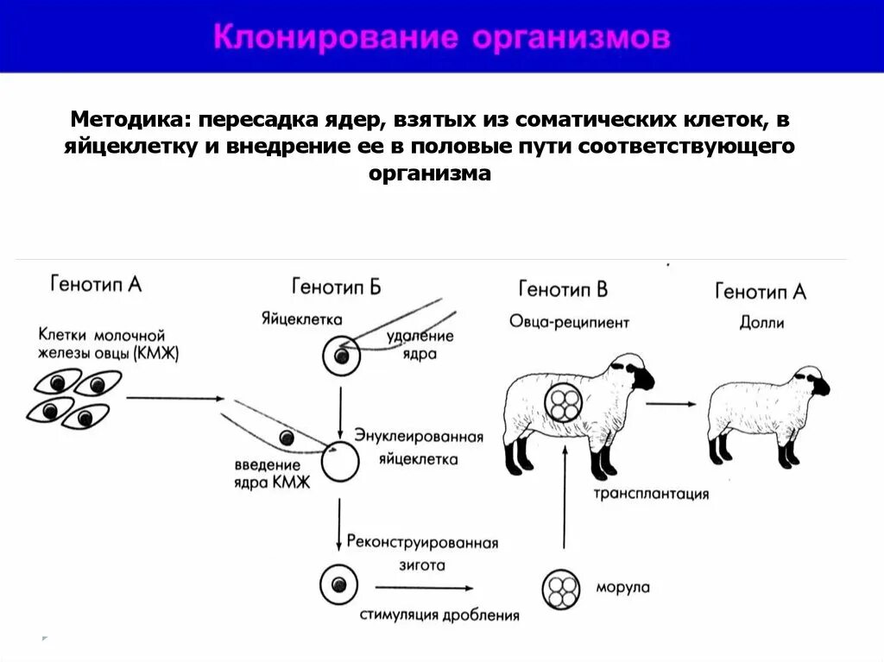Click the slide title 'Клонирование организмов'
click(x=441, y=38)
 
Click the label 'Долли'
click(x=761, y=323)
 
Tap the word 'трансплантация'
click(x=651, y=494)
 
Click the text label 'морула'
click(x=622, y=588)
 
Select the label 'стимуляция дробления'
click(x=440, y=615)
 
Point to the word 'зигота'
click(x=421, y=566)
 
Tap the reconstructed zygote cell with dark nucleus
click(x=338, y=585)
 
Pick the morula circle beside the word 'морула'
click(x=561, y=589)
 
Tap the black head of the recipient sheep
click(x=640, y=375)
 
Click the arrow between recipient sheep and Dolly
click(x=671, y=403)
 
